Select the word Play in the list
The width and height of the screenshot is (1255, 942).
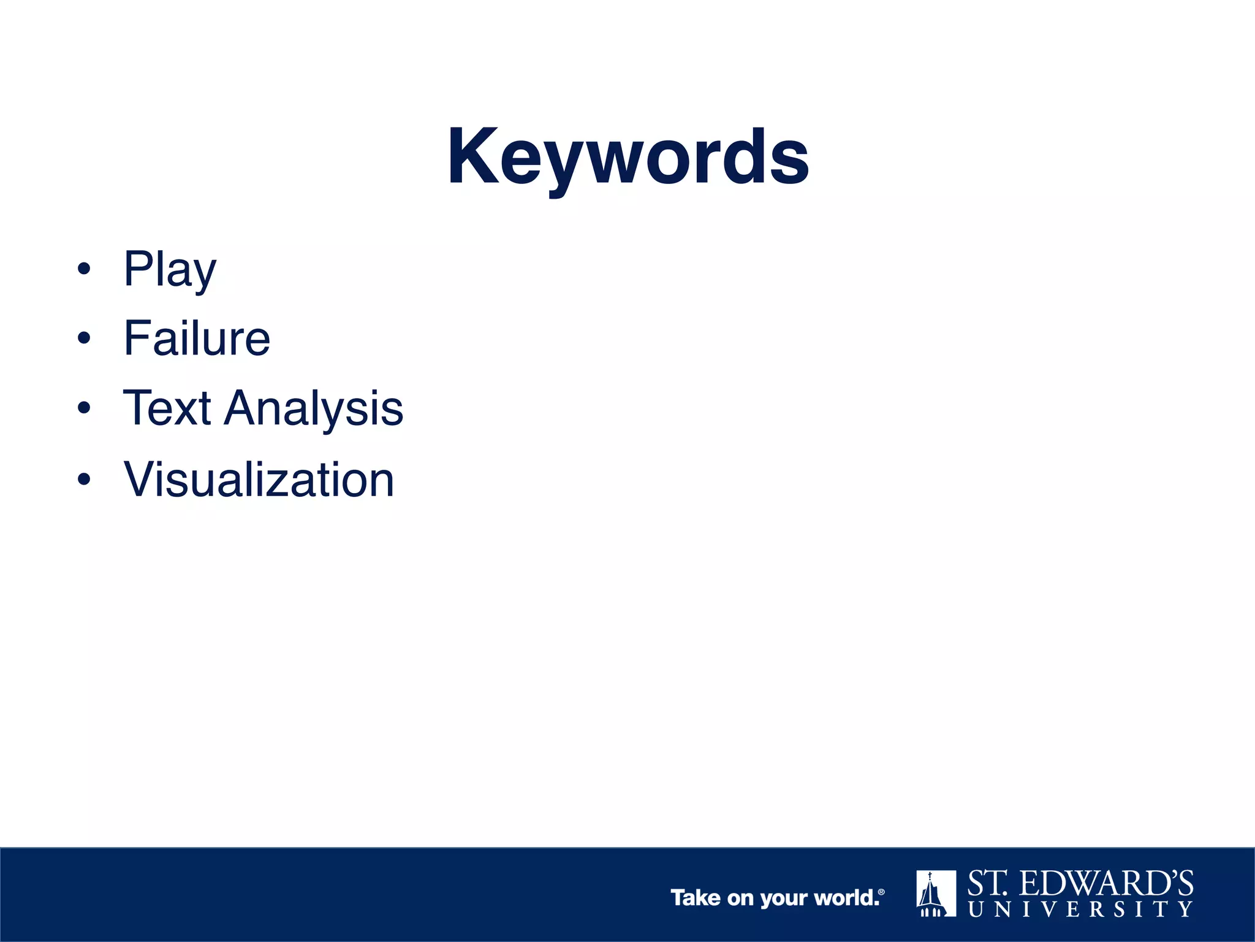(170, 269)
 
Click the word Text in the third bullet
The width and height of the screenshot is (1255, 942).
(167, 408)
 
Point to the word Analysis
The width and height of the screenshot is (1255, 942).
(313, 409)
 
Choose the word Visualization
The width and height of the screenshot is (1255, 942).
(259, 479)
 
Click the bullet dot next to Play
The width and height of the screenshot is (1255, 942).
(84, 269)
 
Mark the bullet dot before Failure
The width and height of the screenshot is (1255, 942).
(84, 338)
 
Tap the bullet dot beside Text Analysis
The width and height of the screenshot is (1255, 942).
(84, 408)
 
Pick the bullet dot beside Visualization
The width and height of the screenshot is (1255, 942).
(84, 479)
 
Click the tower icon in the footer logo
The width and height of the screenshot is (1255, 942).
(936, 894)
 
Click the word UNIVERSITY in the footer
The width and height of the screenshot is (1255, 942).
(1080, 909)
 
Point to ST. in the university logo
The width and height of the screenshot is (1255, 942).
(987, 884)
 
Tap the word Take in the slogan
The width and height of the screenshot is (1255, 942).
(696, 898)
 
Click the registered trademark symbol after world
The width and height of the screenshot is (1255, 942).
(881, 892)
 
